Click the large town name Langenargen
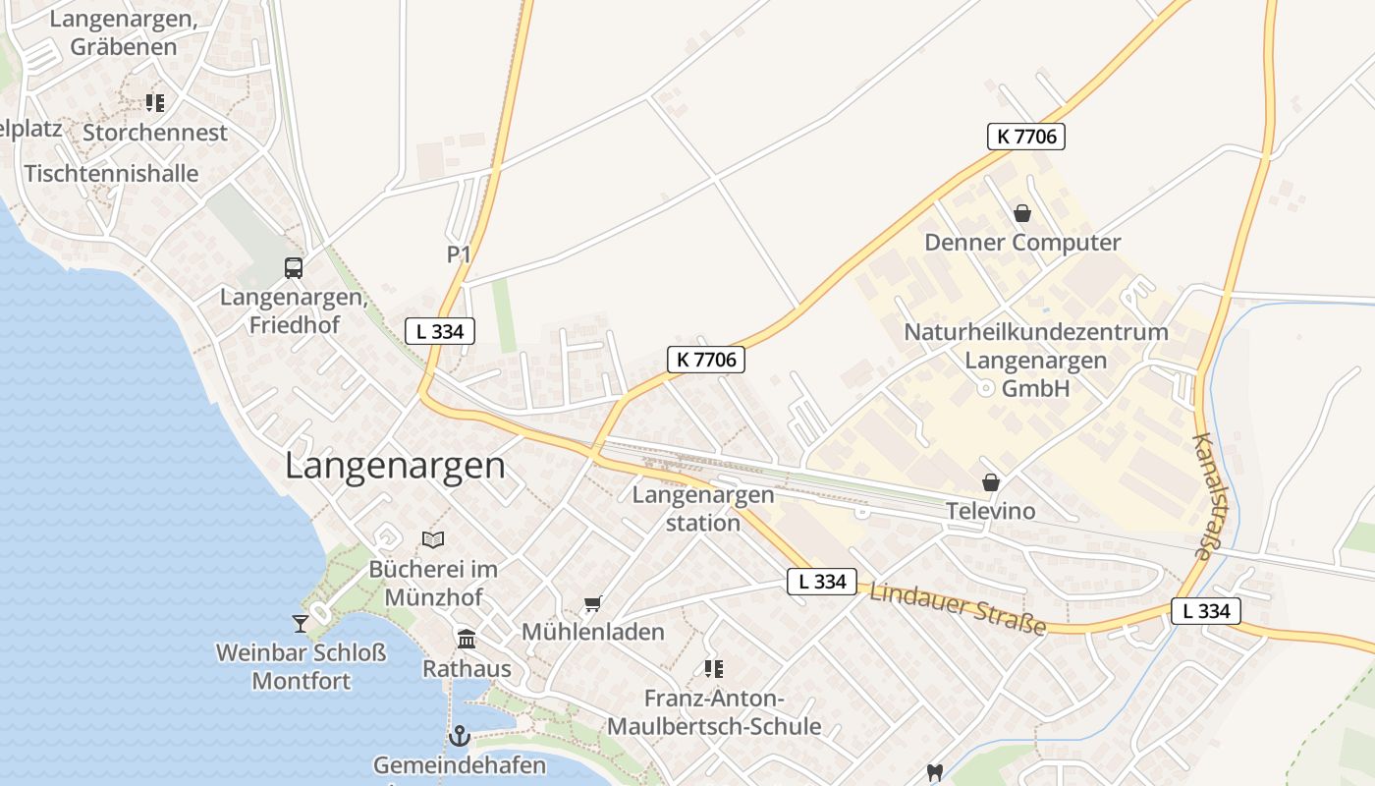click(x=395, y=466)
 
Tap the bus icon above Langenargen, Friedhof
click(x=293, y=267)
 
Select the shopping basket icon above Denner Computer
click(x=1022, y=212)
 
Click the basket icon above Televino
click(x=991, y=482)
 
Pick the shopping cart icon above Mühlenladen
click(x=592, y=603)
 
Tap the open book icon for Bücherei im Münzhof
click(x=433, y=539)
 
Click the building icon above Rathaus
click(x=467, y=640)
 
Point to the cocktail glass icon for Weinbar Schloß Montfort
click(x=300, y=623)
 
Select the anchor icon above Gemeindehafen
click(x=459, y=735)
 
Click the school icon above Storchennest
click(x=154, y=102)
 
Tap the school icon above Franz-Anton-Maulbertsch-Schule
click(x=714, y=669)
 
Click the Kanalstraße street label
click(x=1216, y=497)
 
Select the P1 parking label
click(x=459, y=254)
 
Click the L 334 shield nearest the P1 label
click(x=440, y=331)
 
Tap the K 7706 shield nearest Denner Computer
click(x=1026, y=137)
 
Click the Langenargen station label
click(x=703, y=508)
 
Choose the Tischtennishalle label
click(x=111, y=174)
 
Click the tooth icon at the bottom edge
click(x=934, y=773)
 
